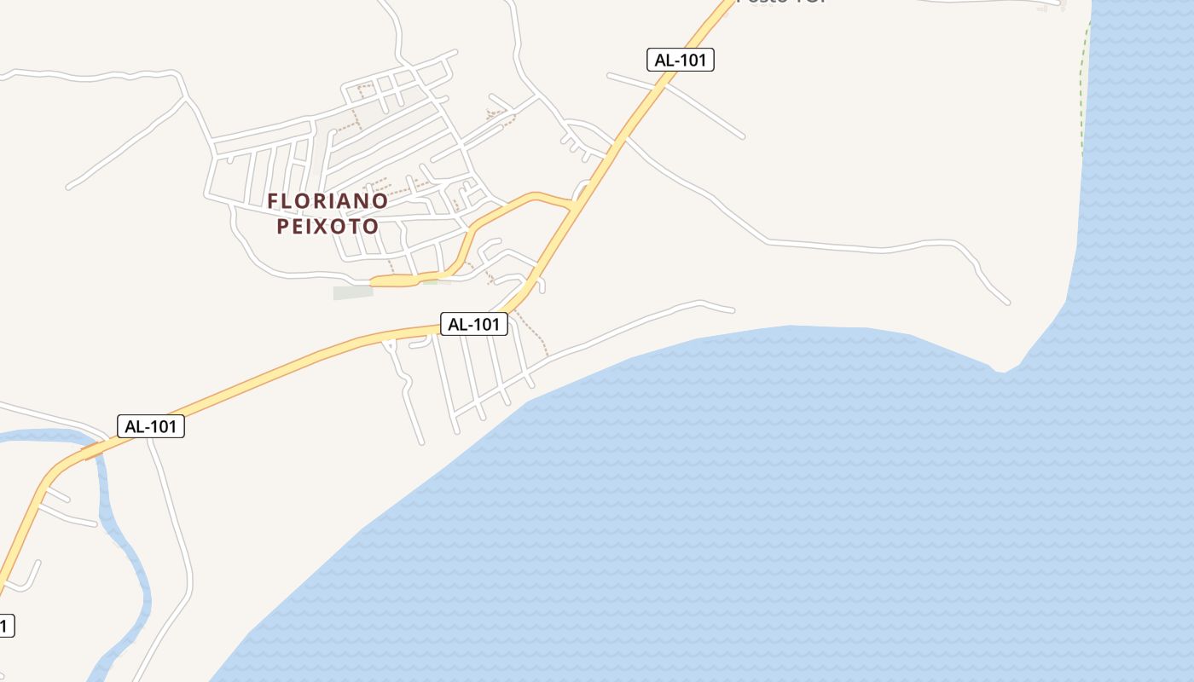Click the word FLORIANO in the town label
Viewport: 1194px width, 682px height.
tap(327, 201)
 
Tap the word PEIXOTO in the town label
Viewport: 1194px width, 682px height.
tap(327, 227)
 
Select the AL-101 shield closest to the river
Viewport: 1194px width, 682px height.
tap(150, 426)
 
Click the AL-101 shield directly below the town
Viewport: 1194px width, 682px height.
tap(474, 324)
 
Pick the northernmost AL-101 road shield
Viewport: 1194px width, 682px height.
tap(680, 60)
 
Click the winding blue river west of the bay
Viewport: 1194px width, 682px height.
tap(128, 554)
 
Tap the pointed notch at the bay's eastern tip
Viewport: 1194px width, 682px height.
tap(1002, 371)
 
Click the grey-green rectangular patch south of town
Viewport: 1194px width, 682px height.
tap(353, 293)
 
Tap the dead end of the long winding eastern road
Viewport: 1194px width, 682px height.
tap(1008, 302)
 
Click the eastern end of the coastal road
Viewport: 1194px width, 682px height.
tap(732, 309)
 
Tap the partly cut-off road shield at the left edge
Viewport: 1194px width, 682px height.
tap(5, 626)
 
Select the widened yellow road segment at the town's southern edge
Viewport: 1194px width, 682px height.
tap(397, 280)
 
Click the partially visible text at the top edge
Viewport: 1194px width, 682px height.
tap(780, 3)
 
